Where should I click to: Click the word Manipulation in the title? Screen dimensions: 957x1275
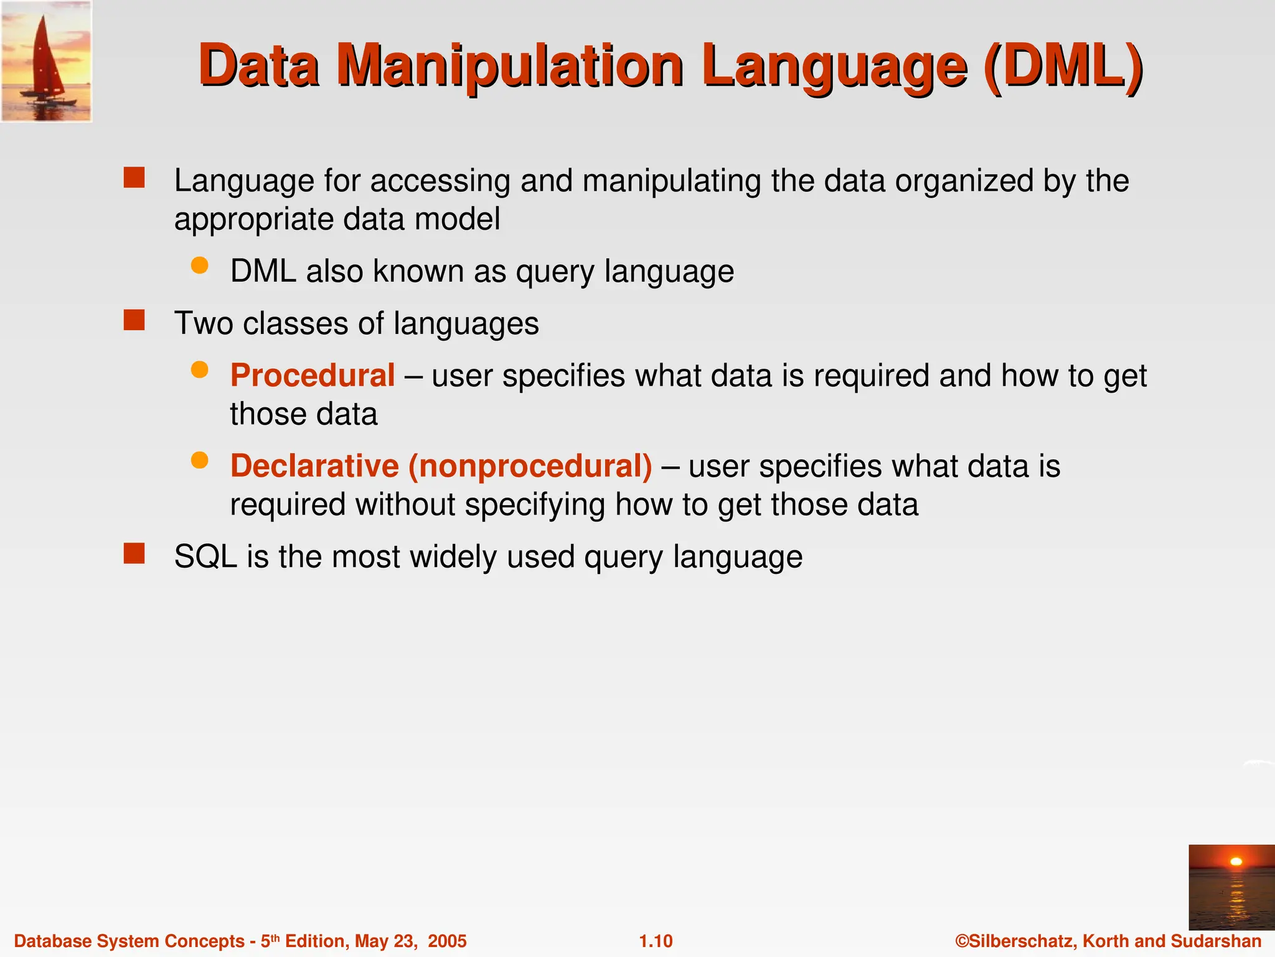tap(510, 67)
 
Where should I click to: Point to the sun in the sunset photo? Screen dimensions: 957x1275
tap(1236, 862)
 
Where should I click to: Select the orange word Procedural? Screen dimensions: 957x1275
tap(313, 376)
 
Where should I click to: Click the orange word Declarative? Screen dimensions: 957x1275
tap(314, 466)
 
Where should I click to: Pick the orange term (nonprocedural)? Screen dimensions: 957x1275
tap(530, 466)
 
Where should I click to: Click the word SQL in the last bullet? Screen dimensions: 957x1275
tap(205, 556)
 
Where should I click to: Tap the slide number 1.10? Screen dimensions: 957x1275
tap(656, 941)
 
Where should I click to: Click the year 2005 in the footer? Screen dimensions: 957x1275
tap(447, 941)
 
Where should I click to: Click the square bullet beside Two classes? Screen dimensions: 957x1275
tap(134, 320)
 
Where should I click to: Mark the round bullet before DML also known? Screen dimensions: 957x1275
tap(199, 266)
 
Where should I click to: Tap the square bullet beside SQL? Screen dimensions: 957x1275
tap(134, 553)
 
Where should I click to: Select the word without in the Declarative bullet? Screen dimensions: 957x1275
tap(405, 505)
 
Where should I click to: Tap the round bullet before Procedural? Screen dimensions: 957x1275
tap(199, 370)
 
